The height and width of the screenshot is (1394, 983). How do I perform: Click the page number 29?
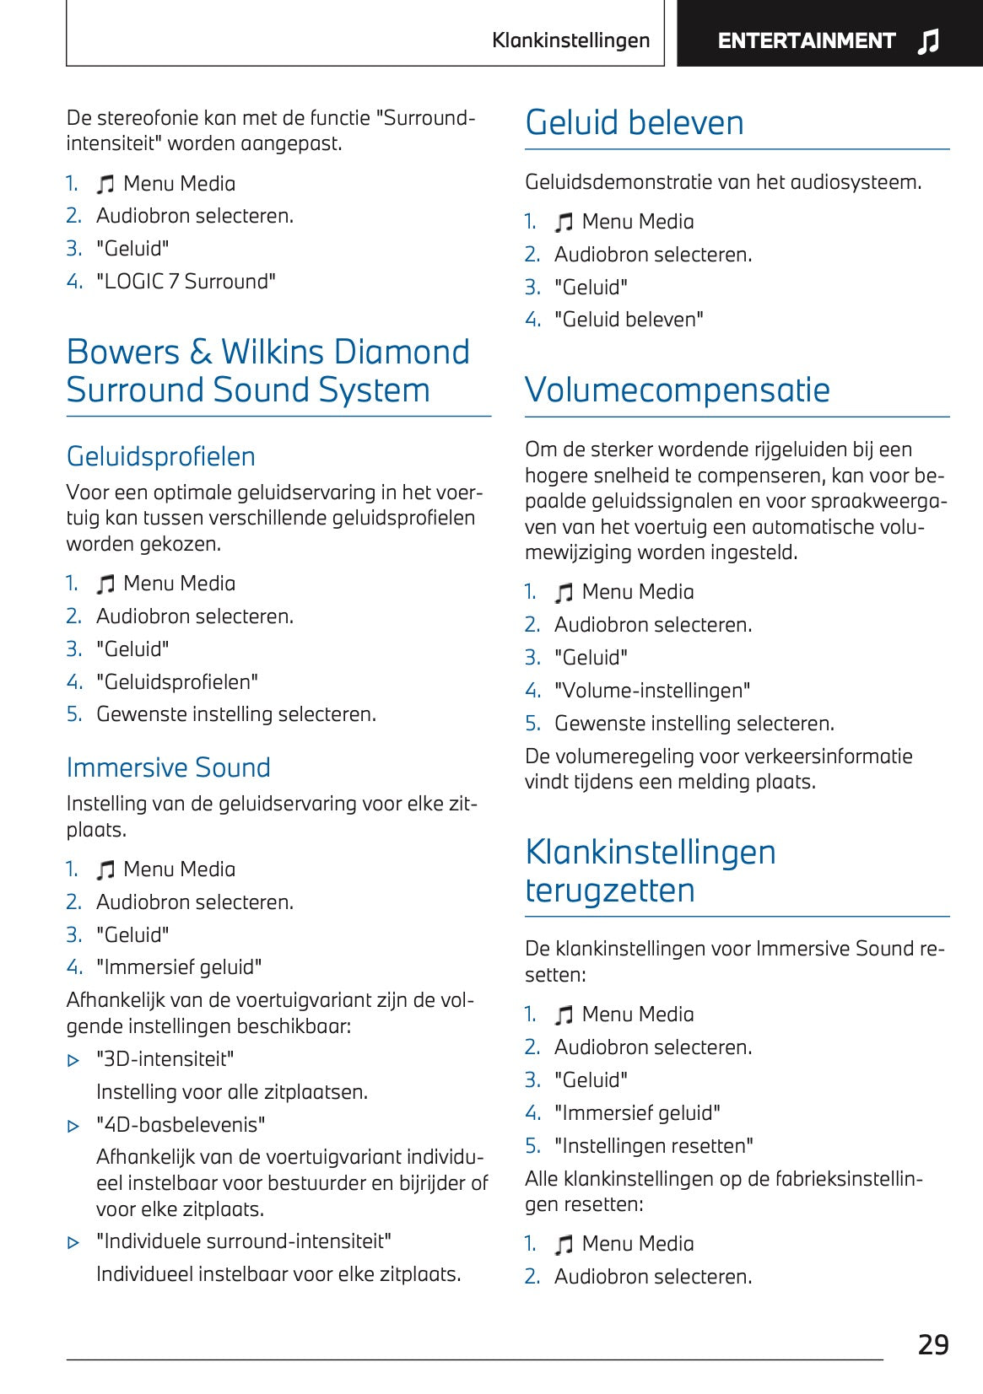933,1344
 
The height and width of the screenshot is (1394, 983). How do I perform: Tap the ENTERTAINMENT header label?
806,40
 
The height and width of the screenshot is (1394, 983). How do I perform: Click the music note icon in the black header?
928,40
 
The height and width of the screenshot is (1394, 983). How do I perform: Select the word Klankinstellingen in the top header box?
570,40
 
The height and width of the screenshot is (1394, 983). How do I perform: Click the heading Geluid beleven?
635,123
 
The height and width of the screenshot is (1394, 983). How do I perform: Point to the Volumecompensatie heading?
677,390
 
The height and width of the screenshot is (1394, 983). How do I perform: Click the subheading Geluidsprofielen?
160,456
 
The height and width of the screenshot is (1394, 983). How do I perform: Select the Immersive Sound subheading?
168,767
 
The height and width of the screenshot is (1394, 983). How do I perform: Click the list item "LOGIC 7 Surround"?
186,282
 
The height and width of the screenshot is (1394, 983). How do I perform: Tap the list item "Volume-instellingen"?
651,691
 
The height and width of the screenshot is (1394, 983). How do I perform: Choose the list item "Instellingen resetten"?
653,1146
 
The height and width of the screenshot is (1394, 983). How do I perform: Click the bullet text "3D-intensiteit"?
165,1059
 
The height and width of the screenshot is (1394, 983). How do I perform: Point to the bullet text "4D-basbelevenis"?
181,1125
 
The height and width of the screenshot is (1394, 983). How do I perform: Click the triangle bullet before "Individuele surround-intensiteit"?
73,1242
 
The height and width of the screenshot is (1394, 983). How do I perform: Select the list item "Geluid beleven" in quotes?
629,320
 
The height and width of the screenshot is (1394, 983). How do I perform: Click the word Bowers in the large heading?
123,353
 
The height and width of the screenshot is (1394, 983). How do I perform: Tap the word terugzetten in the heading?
609,891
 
